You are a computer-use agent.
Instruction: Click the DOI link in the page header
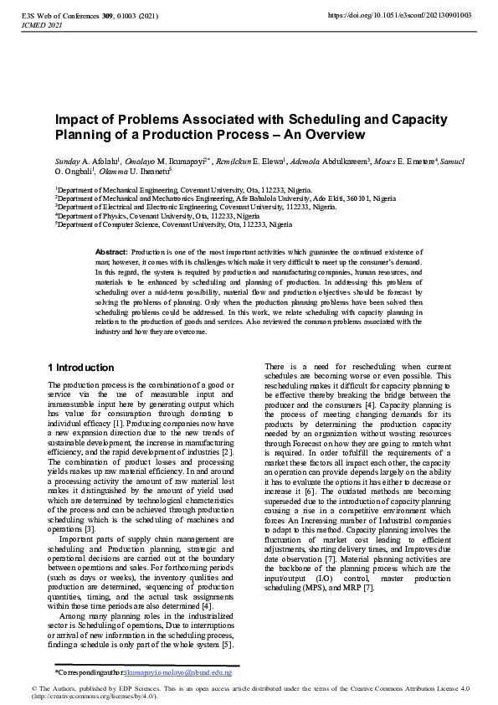click(411, 15)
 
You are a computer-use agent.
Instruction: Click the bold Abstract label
click(111, 252)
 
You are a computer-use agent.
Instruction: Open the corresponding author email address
click(177, 672)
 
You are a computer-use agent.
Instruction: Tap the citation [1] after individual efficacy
click(110, 423)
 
